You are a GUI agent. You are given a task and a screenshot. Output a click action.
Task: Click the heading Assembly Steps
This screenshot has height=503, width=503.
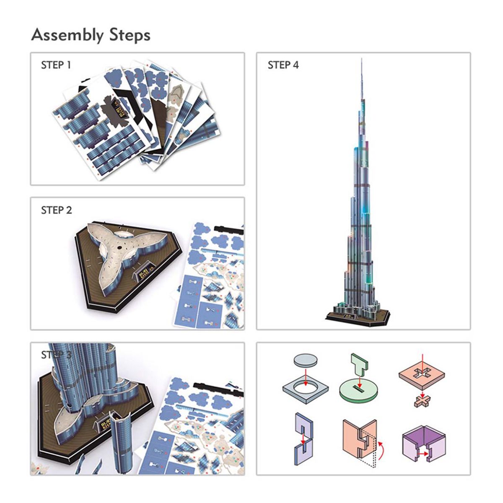[x=91, y=35]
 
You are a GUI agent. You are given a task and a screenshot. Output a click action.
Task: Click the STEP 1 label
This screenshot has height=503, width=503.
[x=56, y=65]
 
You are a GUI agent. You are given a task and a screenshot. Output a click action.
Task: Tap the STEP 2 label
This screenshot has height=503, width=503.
[x=56, y=210]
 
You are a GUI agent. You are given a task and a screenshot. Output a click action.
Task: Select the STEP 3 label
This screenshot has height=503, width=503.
[x=56, y=355]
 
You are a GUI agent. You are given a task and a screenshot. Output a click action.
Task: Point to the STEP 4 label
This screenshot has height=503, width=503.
[x=283, y=65]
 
